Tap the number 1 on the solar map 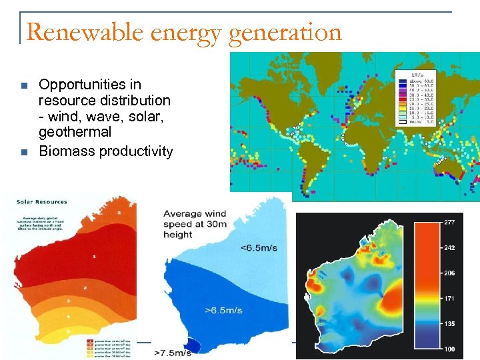pyautogui.click(x=95, y=256)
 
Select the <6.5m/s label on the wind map pyautogui.click(x=259, y=249)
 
